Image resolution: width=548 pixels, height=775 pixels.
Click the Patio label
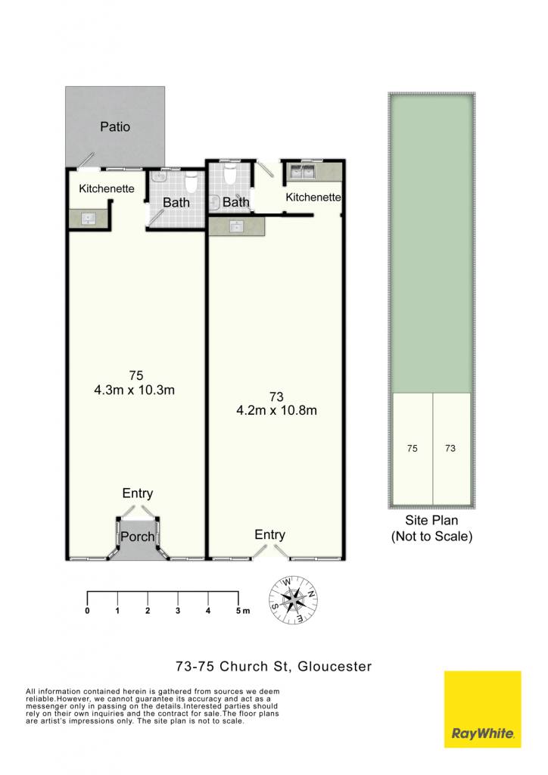point(115,127)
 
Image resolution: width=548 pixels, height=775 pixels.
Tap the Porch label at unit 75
point(137,537)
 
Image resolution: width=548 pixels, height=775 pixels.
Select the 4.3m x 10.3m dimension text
point(135,390)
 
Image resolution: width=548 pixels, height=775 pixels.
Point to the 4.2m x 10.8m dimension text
point(277,410)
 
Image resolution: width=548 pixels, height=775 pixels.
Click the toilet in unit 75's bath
point(191,183)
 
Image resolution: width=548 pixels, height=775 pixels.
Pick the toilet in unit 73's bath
point(230,175)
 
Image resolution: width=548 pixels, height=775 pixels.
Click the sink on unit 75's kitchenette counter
point(88,219)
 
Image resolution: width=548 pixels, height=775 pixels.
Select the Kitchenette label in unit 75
point(107,188)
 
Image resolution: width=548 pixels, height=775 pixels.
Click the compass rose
point(293,600)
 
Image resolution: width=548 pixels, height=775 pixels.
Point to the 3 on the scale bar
point(178,611)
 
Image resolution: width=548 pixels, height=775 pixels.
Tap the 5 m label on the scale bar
point(243,611)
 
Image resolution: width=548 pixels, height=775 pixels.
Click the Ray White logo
point(483,709)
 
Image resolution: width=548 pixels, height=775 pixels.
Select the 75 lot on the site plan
point(413,448)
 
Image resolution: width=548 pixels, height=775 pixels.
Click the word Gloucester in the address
point(335,666)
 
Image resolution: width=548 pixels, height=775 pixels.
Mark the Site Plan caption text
point(432,528)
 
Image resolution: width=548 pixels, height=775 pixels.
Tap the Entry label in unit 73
point(269,534)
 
